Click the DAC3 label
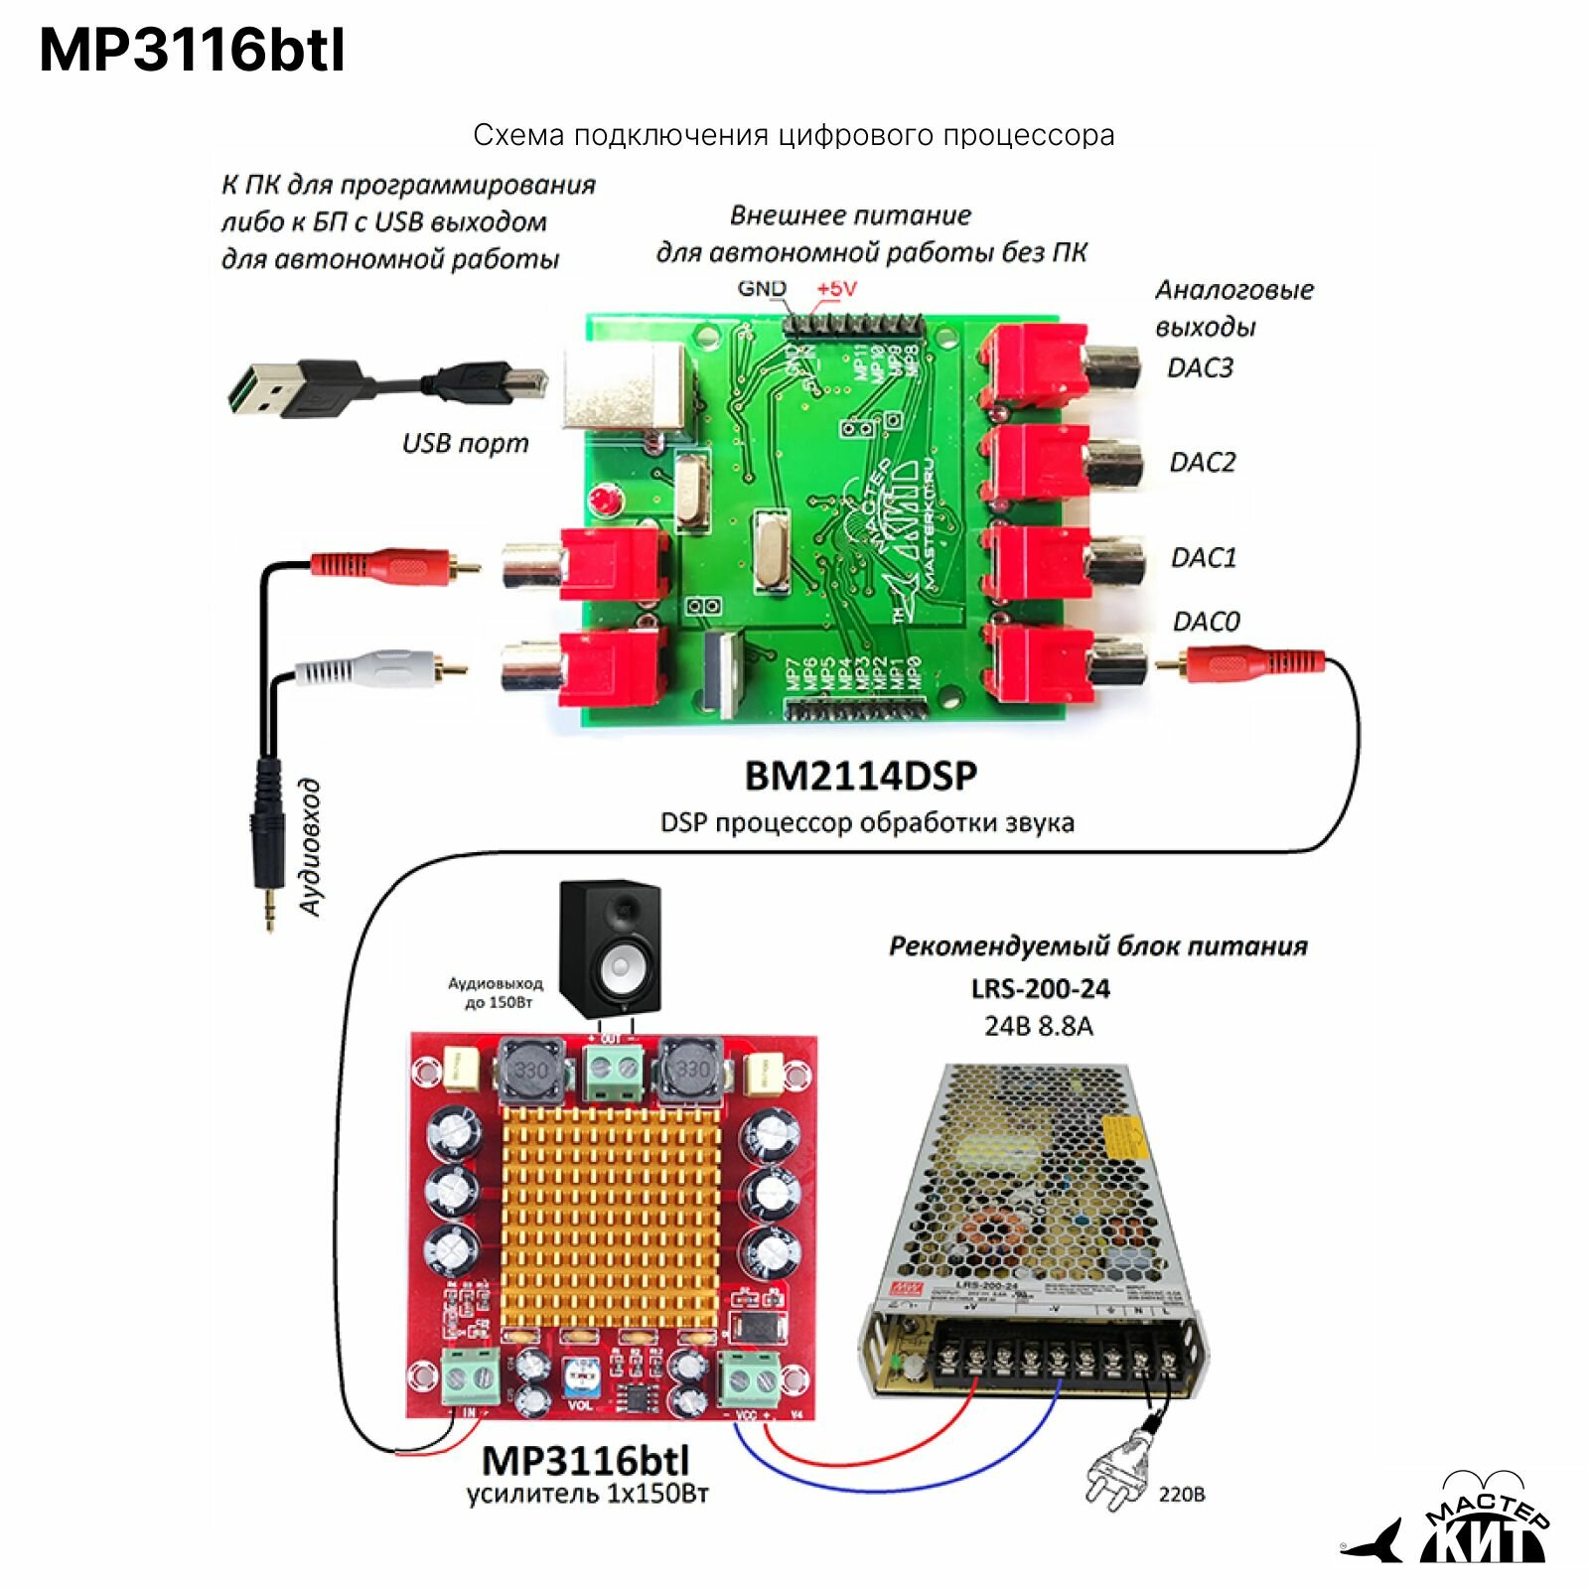1200,367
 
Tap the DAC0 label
1206,622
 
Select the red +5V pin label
836,289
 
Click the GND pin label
762,289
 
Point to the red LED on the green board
602,499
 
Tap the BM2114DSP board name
860,776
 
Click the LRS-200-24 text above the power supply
1040,989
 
